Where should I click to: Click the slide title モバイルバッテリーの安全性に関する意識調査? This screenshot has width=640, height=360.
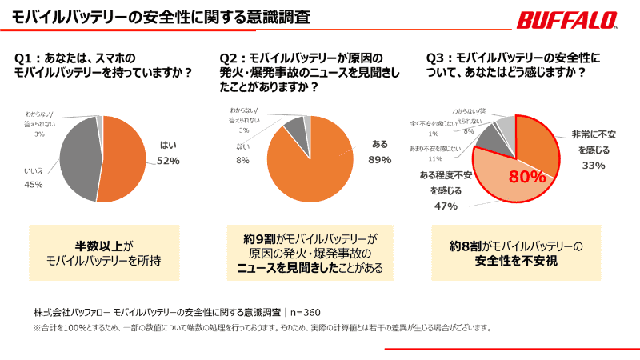(x=161, y=16)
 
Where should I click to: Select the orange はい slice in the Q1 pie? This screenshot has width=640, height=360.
(x=124, y=156)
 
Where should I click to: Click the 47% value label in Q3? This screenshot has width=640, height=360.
(x=446, y=206)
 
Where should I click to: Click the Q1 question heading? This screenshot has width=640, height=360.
(x=104, y=65)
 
